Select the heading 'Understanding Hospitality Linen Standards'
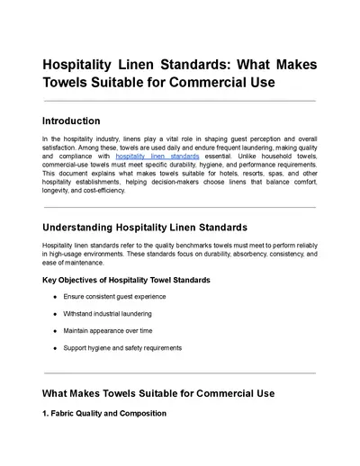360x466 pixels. tap(145, 227)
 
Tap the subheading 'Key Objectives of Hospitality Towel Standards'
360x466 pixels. tap(127, 280)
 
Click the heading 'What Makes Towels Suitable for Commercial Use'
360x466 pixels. tap(158, 393)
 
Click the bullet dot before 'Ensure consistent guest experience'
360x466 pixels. tap(56, 297)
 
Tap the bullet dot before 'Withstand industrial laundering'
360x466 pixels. tap(56, 313)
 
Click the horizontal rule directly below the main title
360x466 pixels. tap(179, 101)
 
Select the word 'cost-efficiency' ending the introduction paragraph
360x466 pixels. tap(101, 191)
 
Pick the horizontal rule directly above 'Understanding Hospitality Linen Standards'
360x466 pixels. tap(179, 207)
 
